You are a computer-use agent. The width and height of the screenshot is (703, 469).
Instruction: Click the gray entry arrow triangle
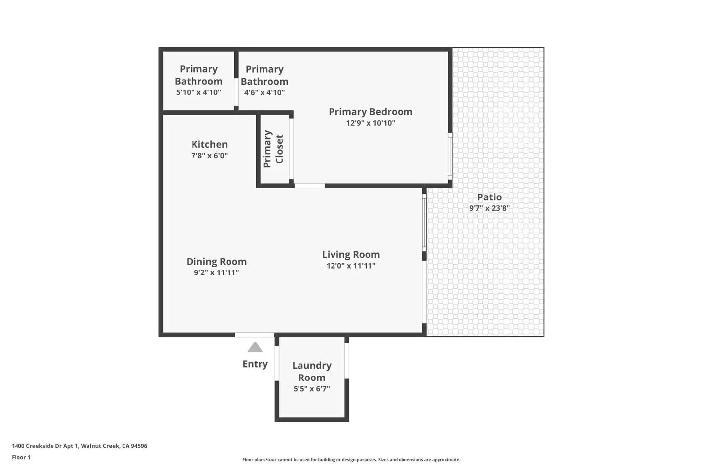pyautogui.click(x=255, y=348)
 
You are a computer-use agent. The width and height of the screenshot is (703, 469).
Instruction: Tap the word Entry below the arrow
pyautogui.click(x=255, y=364)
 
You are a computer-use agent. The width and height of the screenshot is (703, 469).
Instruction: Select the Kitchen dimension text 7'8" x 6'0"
pyautogui.click(x=210, y=156)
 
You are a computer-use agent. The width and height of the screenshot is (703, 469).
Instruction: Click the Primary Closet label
pyautogui.click(x=273, y=149)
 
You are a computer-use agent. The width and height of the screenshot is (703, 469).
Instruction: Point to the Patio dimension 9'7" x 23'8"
pyautogui.click(x=489, y=208)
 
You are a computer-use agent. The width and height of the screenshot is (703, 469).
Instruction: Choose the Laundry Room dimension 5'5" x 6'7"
pyautogui.click(x=312, y=389)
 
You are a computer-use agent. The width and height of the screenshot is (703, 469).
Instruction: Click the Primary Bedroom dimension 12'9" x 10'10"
pyautogui.click(x=370, y=123)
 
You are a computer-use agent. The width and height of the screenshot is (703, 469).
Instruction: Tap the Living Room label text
pyautogui.click(x=351, y=254)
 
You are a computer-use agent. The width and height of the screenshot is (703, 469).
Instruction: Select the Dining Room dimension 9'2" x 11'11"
pyautogui.click(x=216, y=273)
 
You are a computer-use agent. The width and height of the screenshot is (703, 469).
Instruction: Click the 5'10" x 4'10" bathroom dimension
pyautogui.click(x=199, y=92)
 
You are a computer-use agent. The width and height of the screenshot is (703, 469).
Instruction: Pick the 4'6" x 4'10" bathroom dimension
pyautogui.click(x=265, y=92)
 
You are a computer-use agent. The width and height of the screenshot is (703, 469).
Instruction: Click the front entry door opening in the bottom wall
pyautogui.click(x=254, y=335)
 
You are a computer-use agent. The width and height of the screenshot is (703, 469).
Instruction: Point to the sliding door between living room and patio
pyautogui.click(x=424, y=222)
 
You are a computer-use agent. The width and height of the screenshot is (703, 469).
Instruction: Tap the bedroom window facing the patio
pyautogui.click(x=450, y=156)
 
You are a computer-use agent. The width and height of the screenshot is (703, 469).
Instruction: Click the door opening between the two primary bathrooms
pyautogui.click(x=236, y=92)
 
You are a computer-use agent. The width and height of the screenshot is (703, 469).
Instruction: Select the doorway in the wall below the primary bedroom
pyautogui.click(x=309, y=186)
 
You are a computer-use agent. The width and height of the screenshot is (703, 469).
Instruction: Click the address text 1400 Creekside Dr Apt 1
pyautogui.click(x=80, y=446)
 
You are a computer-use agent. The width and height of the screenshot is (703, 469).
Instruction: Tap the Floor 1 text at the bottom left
pyautogui.click(x=21, y=457)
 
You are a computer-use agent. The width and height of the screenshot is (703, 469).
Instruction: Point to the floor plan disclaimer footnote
pyautogui.click(x=351, y=460)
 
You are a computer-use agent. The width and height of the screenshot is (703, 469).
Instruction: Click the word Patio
pyautogui.click(x=489, y=197)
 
